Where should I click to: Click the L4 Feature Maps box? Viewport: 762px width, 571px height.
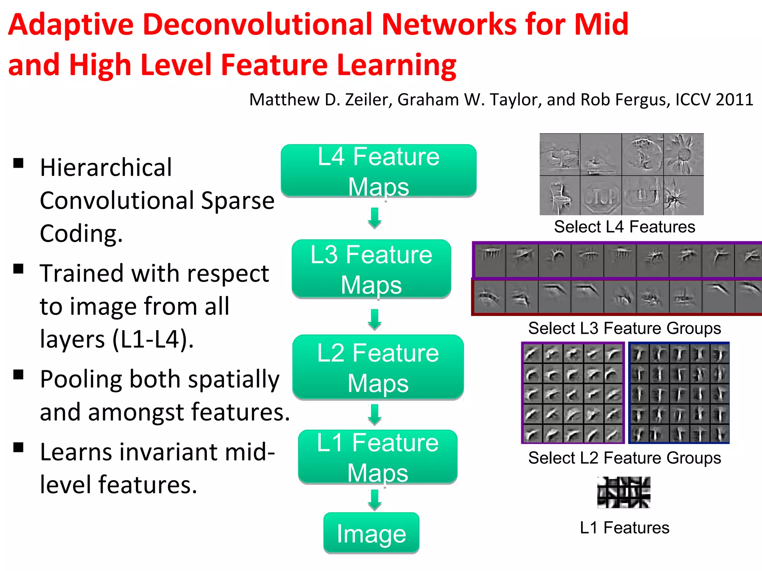pos(378,171)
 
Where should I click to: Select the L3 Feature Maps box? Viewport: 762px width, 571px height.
pos(371,269)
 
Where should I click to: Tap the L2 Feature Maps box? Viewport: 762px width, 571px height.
pos(378,367)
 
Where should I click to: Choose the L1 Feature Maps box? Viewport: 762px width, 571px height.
pos(378,457)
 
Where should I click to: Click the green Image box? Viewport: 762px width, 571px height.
pos(371,533)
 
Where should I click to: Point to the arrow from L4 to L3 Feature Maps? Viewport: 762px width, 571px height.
pos(375,218)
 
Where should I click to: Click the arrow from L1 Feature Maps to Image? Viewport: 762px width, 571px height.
pos(375,500)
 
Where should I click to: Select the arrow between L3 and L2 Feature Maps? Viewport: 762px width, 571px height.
pos(375,319)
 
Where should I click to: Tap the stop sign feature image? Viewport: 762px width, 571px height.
pos(601,196)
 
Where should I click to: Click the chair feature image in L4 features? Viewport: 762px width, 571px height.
pos(560,196)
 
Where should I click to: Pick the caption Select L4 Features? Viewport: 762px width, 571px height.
pos(624,227)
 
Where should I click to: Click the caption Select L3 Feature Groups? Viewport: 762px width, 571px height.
pos(624,328)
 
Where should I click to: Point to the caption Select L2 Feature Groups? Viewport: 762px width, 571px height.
pos(624,458)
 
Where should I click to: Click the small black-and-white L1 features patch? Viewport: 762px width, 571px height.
pos(624,492)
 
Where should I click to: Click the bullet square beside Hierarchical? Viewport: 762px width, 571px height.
pos(18,163)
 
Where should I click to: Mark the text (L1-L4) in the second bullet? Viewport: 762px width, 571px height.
pos(153,339)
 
